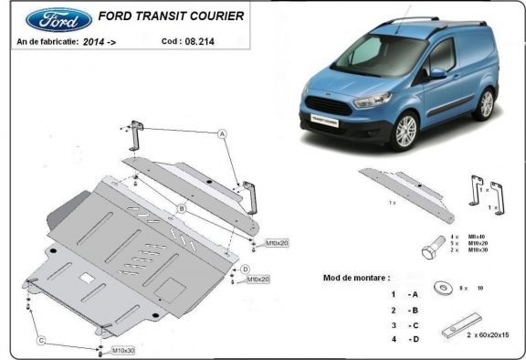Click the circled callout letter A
click(222, 133)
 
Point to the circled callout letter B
click(182, 209)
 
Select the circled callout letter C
click(41, 341)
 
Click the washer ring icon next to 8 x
click(441, 286)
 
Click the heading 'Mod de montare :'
click(357, 277)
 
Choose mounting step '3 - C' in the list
click(405, 324)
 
